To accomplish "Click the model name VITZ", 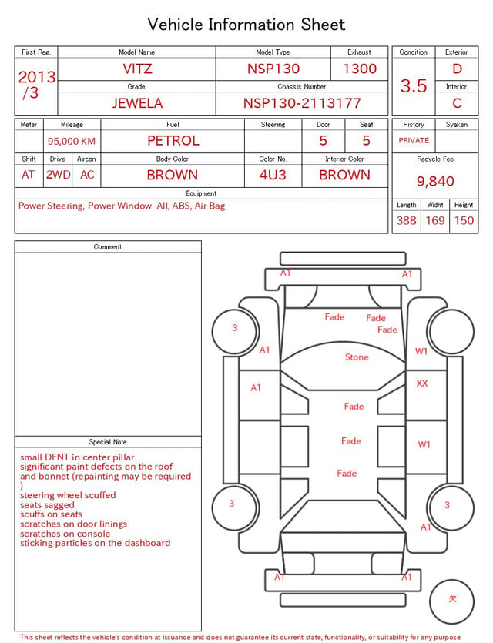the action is [x=137, y=69].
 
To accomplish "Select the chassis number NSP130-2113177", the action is [x=302, y=103].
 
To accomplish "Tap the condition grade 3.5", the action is [x=414, y=85].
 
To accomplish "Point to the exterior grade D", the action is [x=457, y=69].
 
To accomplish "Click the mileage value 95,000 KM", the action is [x=72, y=141].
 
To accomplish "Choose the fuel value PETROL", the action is [x=173, y=141].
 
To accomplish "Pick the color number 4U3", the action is [x=273, y=175].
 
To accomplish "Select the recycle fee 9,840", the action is [x=435, y=181].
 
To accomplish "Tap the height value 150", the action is [x=464, y=220].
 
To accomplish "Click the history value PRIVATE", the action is [x=414, y=140].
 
